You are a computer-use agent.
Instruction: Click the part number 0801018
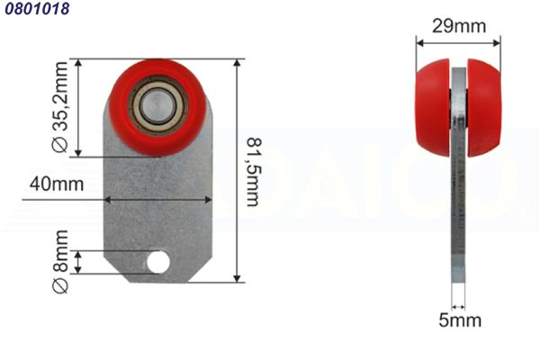[x=37, y=8]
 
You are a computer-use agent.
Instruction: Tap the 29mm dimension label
[x=459, y=26]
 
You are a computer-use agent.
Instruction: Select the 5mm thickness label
[x=460, y=320]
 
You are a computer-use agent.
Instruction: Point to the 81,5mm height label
[x=255, y=172]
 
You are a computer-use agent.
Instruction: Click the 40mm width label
[x=57, y=184]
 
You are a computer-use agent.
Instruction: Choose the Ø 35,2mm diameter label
[x=60, y=107]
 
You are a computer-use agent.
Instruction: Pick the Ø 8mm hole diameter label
[x=60, y=262]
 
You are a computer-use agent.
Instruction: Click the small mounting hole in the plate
[x=158, y=262]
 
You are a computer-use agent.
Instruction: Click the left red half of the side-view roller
[x=433, y=107]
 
